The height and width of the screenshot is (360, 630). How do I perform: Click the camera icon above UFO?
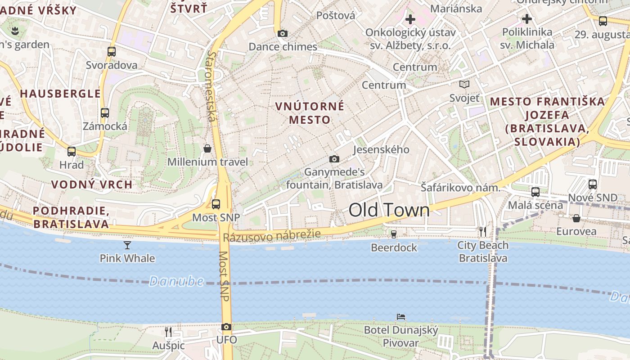226,327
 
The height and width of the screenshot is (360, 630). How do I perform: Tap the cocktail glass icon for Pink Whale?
127,245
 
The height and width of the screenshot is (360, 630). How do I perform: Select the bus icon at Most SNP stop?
216,204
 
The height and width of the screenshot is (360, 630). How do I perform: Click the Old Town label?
389,210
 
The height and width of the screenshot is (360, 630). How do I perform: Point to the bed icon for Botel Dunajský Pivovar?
400,317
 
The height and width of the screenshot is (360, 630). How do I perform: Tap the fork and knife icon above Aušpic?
168,332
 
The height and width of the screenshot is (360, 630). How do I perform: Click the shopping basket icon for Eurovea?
576,218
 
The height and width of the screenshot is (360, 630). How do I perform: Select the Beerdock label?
394,247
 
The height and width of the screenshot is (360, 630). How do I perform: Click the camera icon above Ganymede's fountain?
334,159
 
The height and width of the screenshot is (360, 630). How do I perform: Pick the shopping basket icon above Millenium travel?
207,148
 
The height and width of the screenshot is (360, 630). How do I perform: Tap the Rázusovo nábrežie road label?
272,236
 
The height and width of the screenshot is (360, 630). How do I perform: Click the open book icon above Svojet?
464,84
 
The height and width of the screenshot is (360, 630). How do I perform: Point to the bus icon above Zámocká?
105,113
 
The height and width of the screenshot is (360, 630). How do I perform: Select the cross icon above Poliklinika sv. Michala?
527,19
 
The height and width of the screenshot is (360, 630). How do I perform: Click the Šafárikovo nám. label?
460,188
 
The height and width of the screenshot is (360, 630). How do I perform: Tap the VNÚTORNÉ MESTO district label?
310,113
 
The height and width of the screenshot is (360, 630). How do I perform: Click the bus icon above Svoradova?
112,52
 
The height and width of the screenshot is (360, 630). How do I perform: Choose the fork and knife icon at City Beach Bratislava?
483,232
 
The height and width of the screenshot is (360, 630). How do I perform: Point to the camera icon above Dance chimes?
283,33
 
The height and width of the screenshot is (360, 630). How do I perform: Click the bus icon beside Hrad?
72,152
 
